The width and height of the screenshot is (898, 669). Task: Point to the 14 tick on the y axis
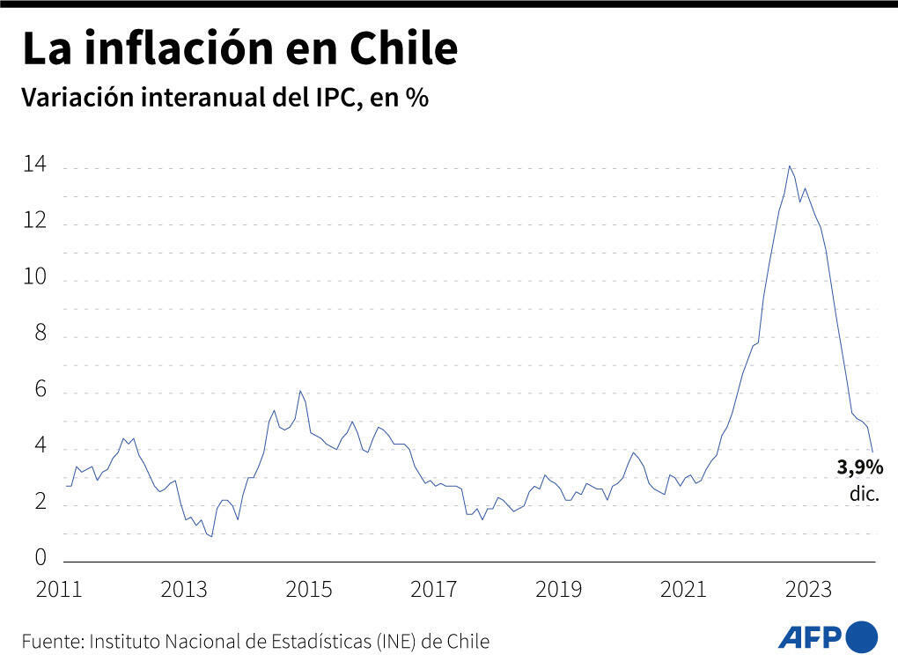36,165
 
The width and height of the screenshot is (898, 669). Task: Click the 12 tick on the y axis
36,222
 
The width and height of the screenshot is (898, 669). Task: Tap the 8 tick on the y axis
40,334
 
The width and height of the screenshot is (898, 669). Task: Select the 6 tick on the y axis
40,392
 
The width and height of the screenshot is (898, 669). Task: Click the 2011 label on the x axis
59,590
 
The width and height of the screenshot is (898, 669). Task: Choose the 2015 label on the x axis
309,590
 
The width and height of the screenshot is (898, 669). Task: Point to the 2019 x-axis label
559,590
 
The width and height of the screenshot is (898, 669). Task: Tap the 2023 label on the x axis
808,590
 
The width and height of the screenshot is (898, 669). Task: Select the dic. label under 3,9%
865,495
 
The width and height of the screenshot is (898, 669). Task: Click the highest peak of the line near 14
789,165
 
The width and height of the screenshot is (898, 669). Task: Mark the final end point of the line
872,452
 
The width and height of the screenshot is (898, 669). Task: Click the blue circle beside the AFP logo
862,636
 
